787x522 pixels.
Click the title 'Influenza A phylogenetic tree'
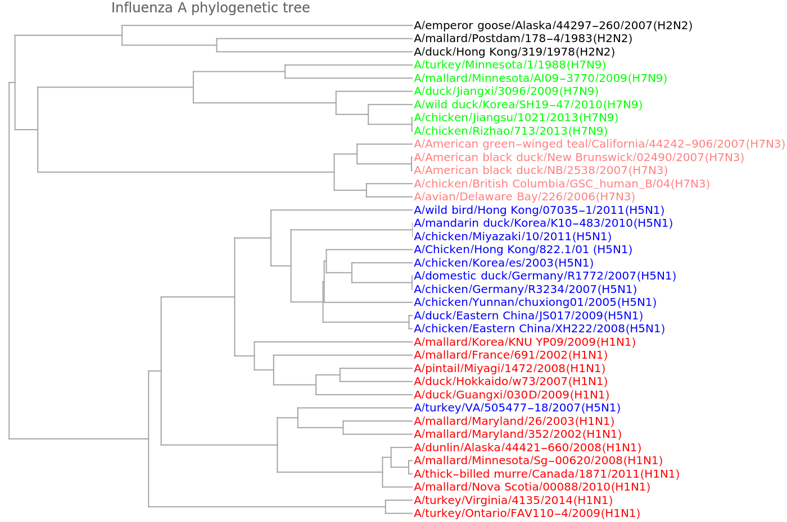(x=210, y=8)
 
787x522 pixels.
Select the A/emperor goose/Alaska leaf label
(x=553, y=25)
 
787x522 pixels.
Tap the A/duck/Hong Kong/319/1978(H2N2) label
(x=514, y=52)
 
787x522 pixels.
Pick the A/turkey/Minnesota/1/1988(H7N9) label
(x=510, y=65)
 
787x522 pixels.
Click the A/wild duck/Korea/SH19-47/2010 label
(x=528, y=104)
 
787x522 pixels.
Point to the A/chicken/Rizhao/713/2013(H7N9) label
(x=510, y=131)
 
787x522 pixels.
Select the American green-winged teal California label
(x=599, y=144)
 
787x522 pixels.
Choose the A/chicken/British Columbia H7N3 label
(x=562, y=184)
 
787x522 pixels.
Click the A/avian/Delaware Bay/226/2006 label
(x=524, y=197)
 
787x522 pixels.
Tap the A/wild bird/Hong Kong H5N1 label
(x=539, y=210)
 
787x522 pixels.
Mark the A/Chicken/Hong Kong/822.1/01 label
(x=523, y=250)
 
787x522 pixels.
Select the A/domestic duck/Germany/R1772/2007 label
(x=545, y=276)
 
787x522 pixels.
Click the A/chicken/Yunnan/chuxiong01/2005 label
(x=535, y=303)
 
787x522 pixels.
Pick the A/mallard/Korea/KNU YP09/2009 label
(x=525, y=342)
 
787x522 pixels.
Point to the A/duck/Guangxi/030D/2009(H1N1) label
(x=512, y=395)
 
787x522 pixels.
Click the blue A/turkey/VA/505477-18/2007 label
(x=517, y=408)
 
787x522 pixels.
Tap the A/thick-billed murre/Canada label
(x=547, y=474)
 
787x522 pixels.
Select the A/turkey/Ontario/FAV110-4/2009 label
(x=527, y=513)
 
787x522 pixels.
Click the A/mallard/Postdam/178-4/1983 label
(x=523, y=39)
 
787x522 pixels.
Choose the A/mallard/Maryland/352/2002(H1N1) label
(x=518, y=434)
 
